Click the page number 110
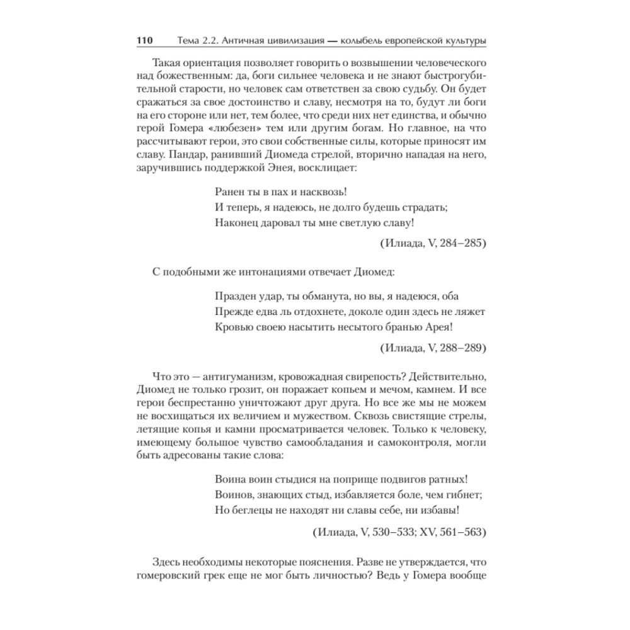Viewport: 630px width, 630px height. (x=145, y=41)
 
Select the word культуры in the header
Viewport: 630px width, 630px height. (x=464, y=41)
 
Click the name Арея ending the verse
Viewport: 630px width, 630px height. (x=439, y=326)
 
